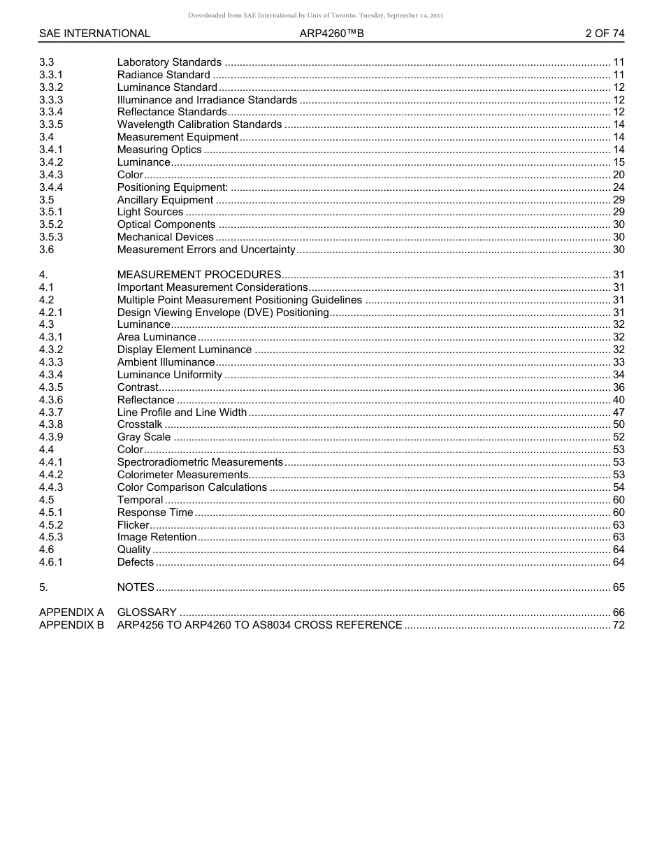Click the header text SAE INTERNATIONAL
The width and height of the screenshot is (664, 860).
coord(94,34)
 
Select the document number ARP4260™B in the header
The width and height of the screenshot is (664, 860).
coord(331,34)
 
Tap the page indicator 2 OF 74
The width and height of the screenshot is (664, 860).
coord(605,34)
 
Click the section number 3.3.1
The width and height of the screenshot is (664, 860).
coord(51,75)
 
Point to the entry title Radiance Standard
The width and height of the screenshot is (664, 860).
coord(164,75)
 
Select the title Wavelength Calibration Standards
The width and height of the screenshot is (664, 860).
coord(199,124)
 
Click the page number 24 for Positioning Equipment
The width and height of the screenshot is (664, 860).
coord(618,187)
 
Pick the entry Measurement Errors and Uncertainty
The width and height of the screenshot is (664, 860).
coord(206,250)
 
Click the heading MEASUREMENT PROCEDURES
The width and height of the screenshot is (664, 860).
coord(199,275)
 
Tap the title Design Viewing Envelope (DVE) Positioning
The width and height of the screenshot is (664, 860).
coord(223,313)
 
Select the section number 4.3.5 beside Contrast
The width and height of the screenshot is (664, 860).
coord(51,387)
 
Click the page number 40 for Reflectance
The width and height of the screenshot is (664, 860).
coord(618,400)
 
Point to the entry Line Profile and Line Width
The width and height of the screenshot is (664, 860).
coord(182,413)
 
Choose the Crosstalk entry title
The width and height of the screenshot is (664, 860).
coord(140,424)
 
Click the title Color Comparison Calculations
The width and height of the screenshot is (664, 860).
coord(192,487)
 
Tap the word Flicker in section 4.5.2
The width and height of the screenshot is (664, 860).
coord(133,524)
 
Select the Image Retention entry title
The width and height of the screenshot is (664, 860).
coord(157,537)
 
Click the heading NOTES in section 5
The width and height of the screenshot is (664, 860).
coord(136,587)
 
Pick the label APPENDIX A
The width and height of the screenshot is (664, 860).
coord(71,612)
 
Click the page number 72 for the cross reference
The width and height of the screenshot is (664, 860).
coord(618,625)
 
